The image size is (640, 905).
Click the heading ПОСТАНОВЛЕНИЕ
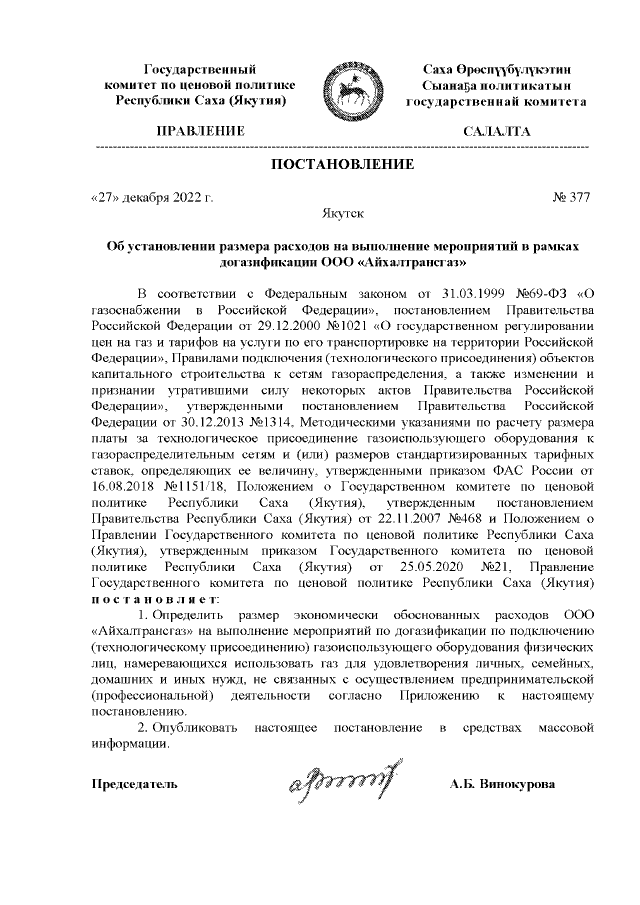coord(342,164)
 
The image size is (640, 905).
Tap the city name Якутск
coord(343,214)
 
